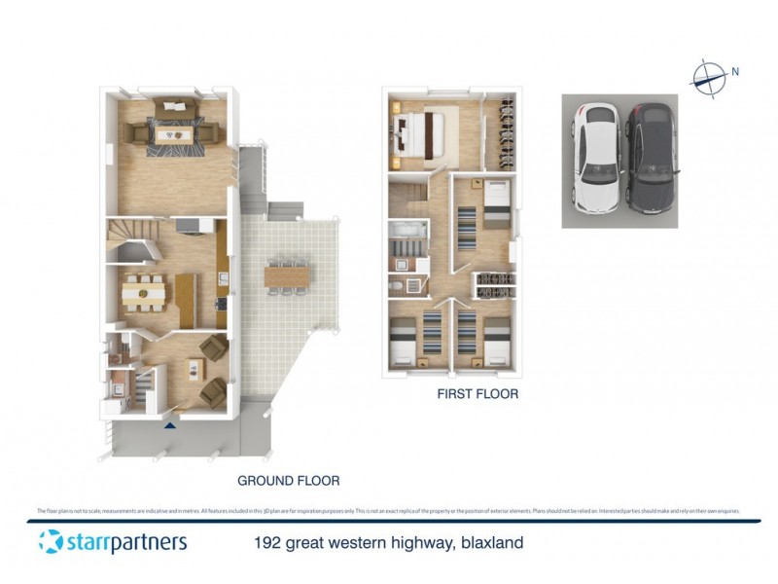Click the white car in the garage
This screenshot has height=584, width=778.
coord(596,158)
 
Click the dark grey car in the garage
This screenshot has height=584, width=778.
coord(650,158)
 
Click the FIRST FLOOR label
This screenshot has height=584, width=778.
coord(477,394)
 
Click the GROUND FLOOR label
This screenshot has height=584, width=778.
coord(289,481)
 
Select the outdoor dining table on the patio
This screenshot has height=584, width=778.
coord(285,276)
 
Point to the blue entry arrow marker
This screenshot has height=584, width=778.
coord(171,423)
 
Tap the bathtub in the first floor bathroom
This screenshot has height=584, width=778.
coord(407,230)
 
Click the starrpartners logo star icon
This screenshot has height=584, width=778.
coord(51,541)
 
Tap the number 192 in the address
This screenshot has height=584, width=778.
coord(268,542)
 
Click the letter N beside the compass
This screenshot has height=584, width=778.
coord(736,70)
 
